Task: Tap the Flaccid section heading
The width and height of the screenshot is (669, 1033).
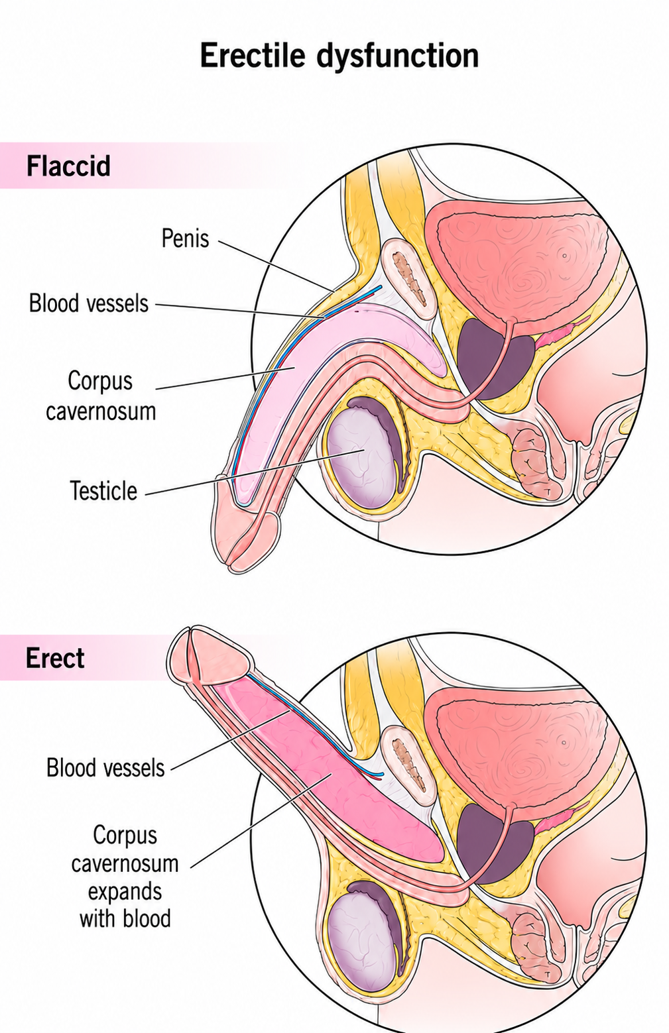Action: [x=68, y=166]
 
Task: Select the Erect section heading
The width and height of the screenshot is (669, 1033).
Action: [x=55, y=657]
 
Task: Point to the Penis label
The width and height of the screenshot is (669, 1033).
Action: [x=185, y=239]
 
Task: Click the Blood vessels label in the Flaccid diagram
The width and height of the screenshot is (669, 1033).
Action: [x=89, y=303]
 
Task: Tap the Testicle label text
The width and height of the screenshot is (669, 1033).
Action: [x=103, y=490]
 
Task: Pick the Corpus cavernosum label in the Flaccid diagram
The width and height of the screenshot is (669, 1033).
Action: [x=101, y=396]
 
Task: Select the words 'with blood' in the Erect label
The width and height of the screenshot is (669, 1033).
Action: [x=125, y=918]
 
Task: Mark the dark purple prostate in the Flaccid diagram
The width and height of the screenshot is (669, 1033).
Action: [x=494, y=360]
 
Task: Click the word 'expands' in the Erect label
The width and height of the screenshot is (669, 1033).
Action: [x=125, y=891]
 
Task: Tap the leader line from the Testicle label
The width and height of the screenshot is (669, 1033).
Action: [x=255, y=472]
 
